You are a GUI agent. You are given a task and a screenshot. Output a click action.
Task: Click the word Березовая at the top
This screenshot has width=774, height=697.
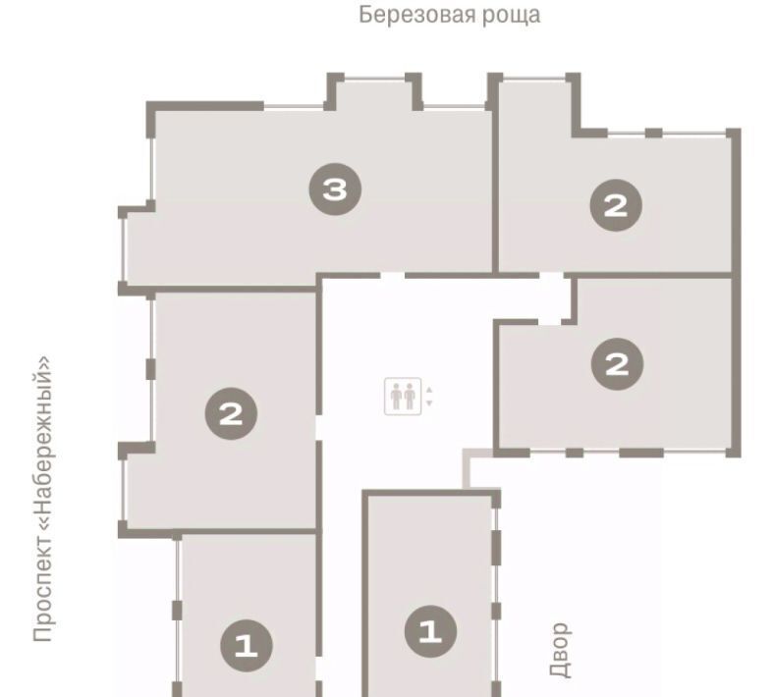click(x=417, y=15)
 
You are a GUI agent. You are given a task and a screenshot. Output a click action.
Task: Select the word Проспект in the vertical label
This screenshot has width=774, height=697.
click(x=42, y=588)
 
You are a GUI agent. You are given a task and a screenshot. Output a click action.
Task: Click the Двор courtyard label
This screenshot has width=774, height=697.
click(x=560, y=649)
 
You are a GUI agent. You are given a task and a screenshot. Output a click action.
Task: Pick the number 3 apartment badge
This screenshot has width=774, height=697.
click(x=335, y=188)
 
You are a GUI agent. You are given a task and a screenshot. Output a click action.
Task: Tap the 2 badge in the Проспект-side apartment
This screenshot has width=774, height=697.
click(x=231, y=413)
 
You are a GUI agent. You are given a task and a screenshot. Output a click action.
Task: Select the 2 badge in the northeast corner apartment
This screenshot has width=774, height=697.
click(x=616, y=205)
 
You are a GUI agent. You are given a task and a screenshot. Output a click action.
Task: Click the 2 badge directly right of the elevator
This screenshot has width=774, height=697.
click(x=617, y=364)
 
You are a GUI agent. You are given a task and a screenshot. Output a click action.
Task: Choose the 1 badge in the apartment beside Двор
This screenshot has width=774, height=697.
click(x=430, y=631)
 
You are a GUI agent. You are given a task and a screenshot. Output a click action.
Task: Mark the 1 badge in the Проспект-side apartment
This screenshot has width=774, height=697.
click(x=247, y=645)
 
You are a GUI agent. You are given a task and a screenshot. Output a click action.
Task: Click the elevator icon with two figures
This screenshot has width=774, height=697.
click(x=403, y=396)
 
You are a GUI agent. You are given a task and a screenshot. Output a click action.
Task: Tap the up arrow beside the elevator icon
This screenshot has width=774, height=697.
click(x=429, y=390)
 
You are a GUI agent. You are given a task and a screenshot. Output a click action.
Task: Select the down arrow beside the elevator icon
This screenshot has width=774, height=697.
click(x=429, y=403)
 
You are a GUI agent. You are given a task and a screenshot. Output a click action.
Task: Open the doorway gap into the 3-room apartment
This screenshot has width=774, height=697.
click(x=393, y=275)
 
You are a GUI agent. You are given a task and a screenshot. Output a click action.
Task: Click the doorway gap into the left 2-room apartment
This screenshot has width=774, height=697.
click(x=319, y=428)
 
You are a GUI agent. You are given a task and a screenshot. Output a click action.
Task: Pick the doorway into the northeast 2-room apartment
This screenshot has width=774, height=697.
click(x=551, y=275)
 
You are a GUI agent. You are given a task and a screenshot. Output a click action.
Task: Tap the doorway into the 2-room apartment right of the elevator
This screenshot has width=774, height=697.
click(x=549, y=322)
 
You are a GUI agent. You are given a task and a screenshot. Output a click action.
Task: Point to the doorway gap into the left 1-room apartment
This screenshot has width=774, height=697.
click(x=319, y=669)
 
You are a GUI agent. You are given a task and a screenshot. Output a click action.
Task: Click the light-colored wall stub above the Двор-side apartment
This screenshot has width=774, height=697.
click(x=466, y=467)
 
